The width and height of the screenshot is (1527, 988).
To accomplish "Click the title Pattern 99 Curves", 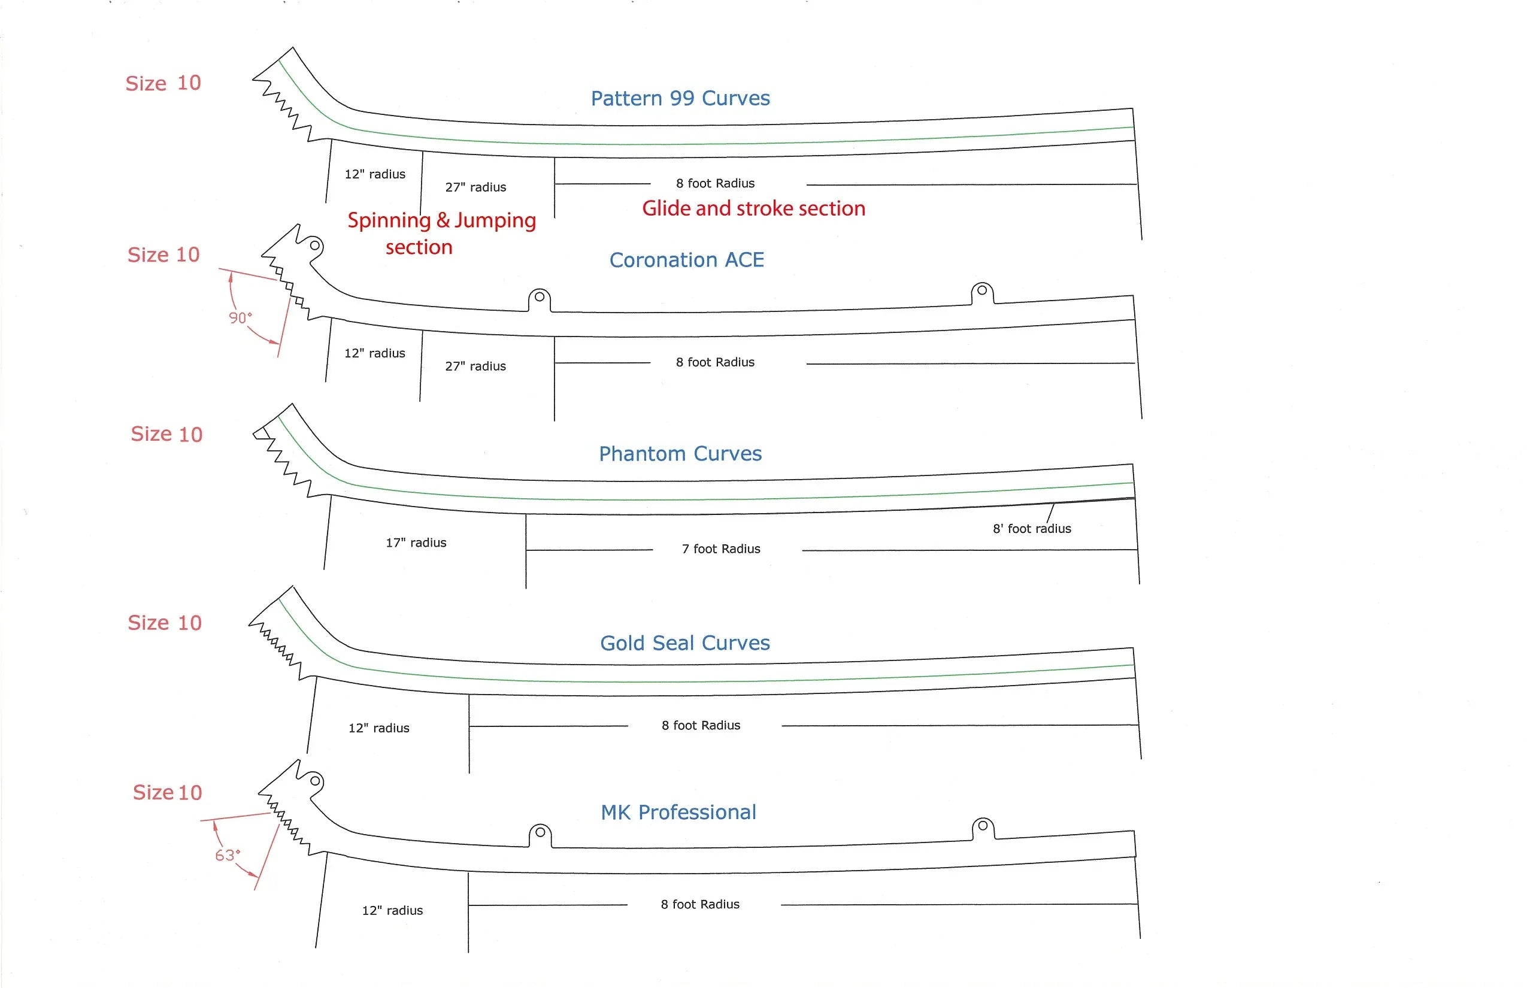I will pyautogui.click(x=680, y=98).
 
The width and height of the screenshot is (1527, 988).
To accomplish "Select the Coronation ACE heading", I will pyautogui.click(x=686, y=260).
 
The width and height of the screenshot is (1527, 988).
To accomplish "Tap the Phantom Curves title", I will pyautogui.click(x=680, y=454).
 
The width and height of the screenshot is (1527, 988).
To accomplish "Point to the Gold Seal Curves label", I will pyautogui.click(x=684, y=643).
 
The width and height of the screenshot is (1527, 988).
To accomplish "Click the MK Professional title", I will pyautogui.click(x=678, y=812).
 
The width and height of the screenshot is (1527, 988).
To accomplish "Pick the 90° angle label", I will pyautogui.click(x=240, y=317).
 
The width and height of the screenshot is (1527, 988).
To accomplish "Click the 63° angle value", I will pyautogui.click(x=227, y=855).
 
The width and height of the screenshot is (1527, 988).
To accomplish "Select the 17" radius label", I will pyautogui.click(x=416, y=543).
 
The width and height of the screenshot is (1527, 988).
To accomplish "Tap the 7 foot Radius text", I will pyautogui.click(x=720, y=549).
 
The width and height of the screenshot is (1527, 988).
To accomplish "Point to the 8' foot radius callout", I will pyautogui.click(x=1032, y=529).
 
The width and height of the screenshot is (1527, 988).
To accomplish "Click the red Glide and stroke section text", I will pyautogui.click(x=753, y=208).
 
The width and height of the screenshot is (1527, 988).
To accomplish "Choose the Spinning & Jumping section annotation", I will pyautogui.click(x=441, y=233).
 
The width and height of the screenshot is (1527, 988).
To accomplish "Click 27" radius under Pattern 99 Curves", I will pyautogui.click(x=475, y=187).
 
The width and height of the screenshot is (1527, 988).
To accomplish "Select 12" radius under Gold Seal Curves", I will pyautogui.click(x=378, y=728).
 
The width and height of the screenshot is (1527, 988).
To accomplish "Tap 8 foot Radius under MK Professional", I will pyautogui.click(x=700, y=905).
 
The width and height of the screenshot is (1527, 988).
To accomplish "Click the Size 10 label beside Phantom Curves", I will pyautogui.click(x=166, y=434).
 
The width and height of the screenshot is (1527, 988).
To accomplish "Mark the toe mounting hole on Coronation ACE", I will pyautogui.click(x=315, y=245).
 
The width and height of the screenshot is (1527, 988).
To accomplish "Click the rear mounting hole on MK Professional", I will pyautogui.click(x=982, y=826).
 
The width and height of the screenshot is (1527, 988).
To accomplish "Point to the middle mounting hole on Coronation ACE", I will pyautogui.click(x=540, y=297).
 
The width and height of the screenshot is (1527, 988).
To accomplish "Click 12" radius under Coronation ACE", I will pyautogui.click(x=375, y=353).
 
